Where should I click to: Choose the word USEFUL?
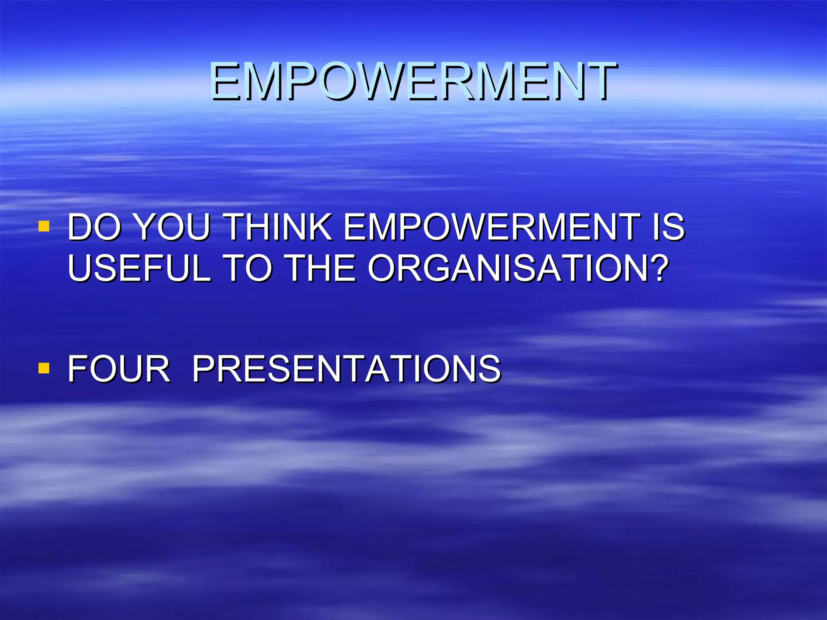(139, 268)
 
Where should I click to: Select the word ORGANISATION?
(509, 268)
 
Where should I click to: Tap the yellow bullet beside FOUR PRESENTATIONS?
(44, 368)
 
